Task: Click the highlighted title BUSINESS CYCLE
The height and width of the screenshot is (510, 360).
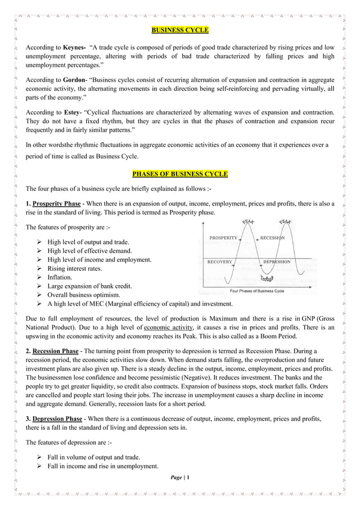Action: click(x=180, y=29)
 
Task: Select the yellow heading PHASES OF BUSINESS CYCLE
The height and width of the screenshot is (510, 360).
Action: click(x=180, y=173)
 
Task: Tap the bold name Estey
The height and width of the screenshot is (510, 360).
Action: click(x=72, y=113)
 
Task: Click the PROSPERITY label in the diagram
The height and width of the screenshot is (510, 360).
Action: click(x=223, y=238)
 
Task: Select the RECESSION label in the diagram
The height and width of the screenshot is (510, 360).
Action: click(x=273, y=238)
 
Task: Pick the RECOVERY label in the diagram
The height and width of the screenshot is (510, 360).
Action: click(x=219, y=262)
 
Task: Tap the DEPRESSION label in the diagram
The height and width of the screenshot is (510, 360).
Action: click(x=276, y=262)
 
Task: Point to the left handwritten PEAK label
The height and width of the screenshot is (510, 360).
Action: click(x=247, y=221)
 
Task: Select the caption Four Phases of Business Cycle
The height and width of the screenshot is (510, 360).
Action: click(x=257, y=291)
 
